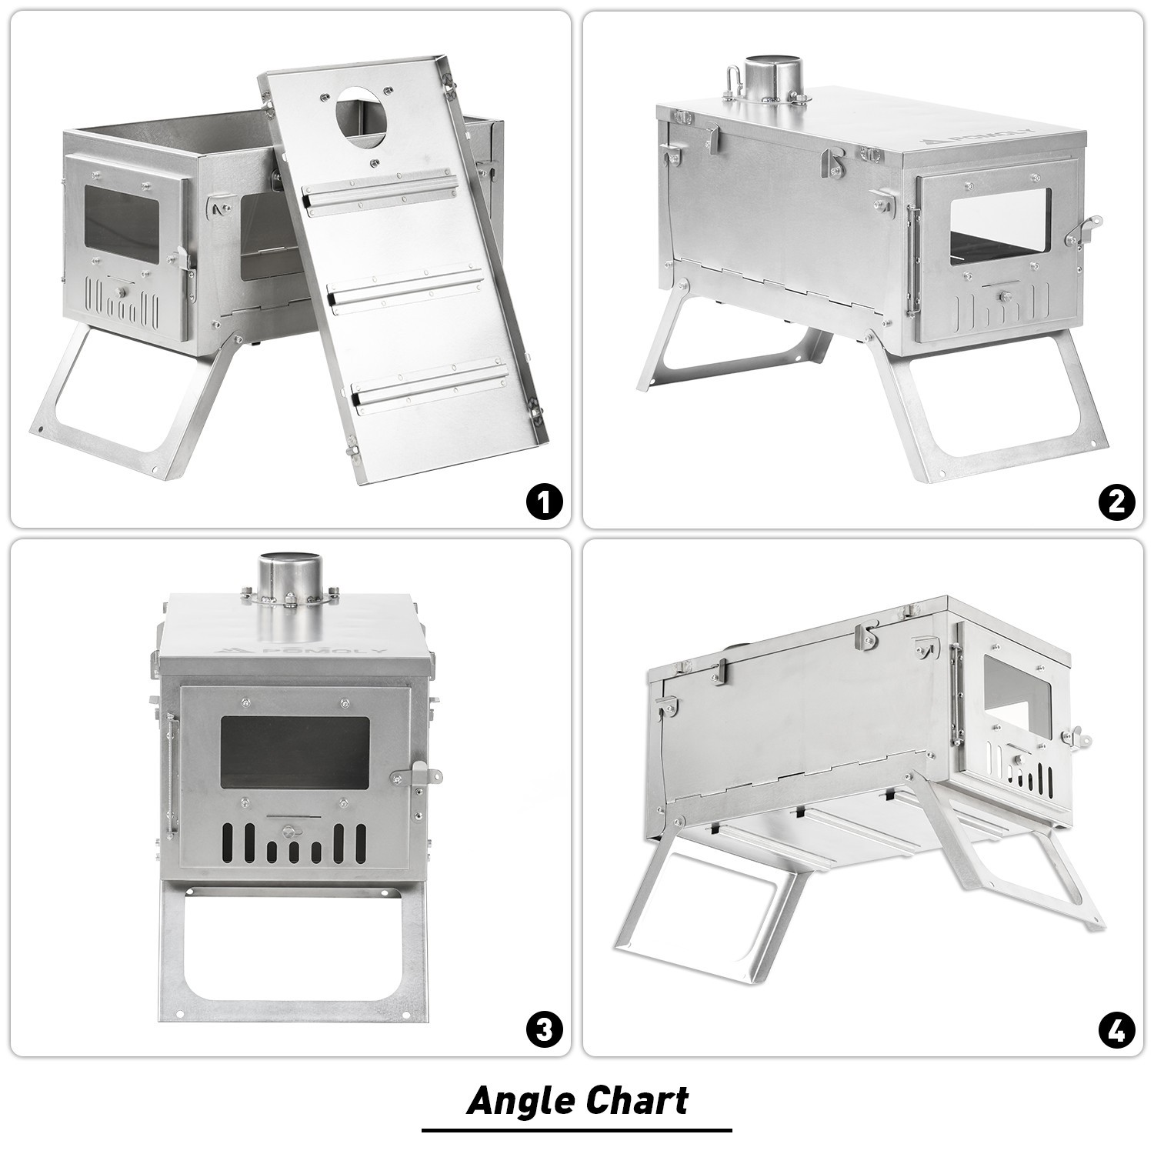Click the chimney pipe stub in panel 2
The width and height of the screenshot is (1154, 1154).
pos(772,76)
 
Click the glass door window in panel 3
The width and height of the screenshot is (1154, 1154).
pos(295,753)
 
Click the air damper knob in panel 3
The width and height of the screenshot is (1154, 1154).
pos(288,831)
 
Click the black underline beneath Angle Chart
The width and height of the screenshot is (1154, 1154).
pos(577,1130)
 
